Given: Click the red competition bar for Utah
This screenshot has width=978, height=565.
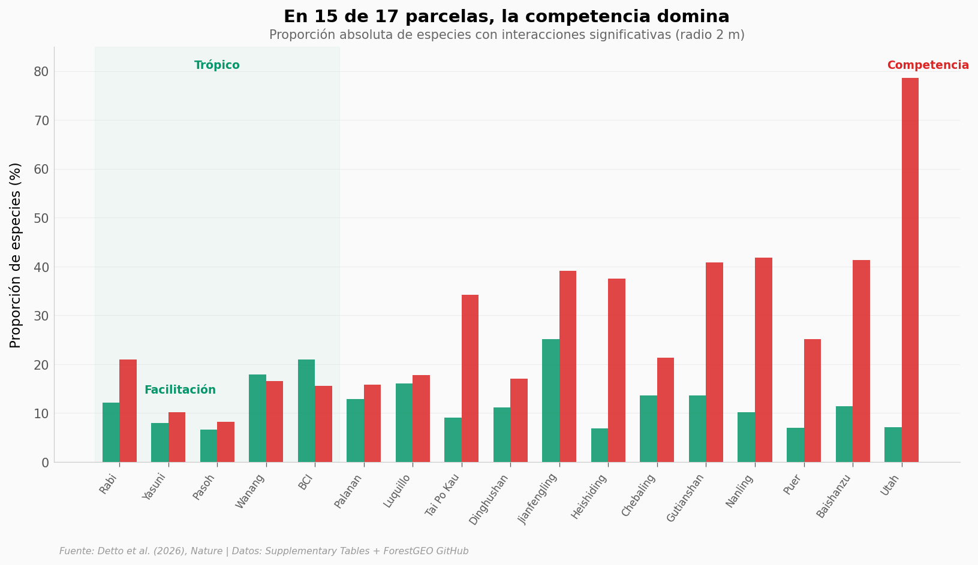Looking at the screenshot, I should pyautogui.click(x=910, y=270).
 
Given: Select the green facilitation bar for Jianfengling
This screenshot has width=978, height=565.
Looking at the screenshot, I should pyautogui.click(x=550, y=400).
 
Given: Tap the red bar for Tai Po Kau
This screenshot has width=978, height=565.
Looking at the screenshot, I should pyautogui.click(x=470, y=378).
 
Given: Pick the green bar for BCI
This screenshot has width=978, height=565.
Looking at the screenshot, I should pyautogui.click(x=306, y=410).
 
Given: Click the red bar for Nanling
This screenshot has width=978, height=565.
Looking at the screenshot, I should pyautogui.click(x=763, y=359).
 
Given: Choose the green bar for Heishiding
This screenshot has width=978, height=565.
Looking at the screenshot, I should pyautogui.click(x=600, y=445).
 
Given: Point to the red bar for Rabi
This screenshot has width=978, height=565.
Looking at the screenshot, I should pyautogui.click(x=128, y=410).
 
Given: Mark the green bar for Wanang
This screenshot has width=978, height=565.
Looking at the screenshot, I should pyautogui.click(x=257, y=418).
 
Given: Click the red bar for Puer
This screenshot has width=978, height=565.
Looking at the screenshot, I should pyautogui.click(x=813, y=400).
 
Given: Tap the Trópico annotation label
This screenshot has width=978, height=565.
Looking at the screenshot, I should pyautogui.click(x=217, y=65).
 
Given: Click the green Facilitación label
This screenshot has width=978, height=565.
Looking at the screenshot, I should pyautogui.click(x=180, y=390).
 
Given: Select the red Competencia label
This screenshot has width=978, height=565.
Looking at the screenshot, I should pyautogui.click(x=928, y=65).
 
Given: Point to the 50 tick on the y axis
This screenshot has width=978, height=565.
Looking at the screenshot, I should pyautogui.click(x=41, y=218).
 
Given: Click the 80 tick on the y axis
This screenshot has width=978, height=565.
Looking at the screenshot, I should pyautogui.click(x=41, y=72).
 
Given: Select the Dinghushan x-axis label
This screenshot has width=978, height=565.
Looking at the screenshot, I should pyautogui.click(x=489, y=499).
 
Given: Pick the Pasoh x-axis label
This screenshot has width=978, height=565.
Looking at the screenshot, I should pyautogui.click(x=205, y=487).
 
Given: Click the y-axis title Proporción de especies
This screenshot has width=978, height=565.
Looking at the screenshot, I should pyautogui.click(x=16, y=255).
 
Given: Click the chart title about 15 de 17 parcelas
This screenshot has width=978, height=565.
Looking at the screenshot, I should pyautogui.click(x=506, y=17).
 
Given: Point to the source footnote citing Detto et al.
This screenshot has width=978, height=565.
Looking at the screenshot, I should pyautogui.click(x=264, y=551).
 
